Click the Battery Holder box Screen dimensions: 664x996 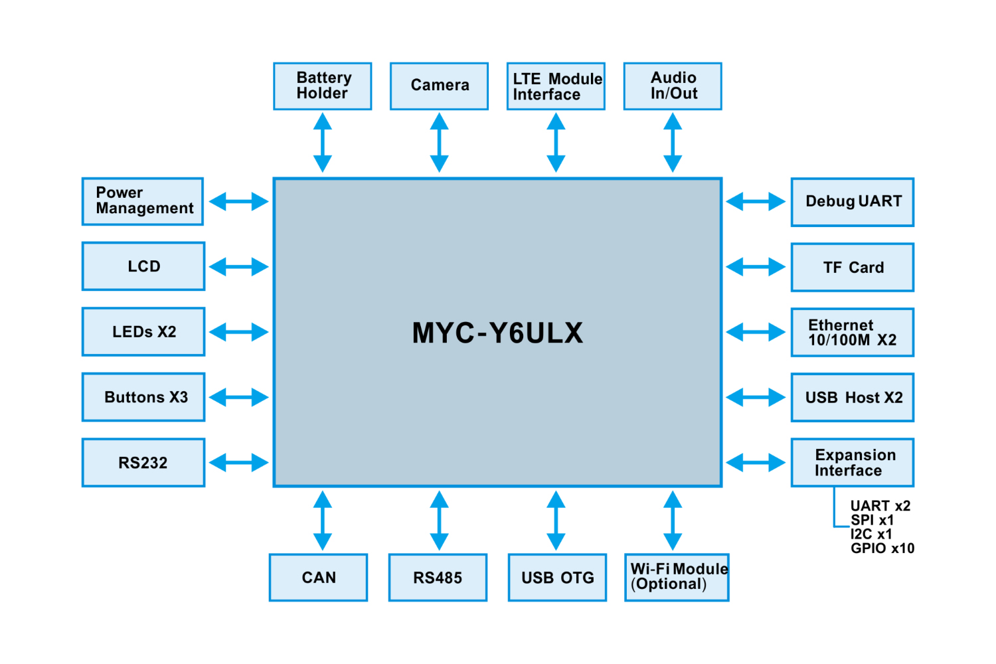click(x=322, y=86)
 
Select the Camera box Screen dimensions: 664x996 click(x=439, y=86)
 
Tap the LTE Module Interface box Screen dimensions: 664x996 click(x=556, y=86)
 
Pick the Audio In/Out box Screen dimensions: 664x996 click(x=673, y=86)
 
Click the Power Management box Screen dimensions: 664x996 click(x=143, y=201)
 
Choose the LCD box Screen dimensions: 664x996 click(x=143, y=266)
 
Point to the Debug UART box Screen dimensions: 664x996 click(x=853, y=202)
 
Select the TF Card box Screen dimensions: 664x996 click(x=853, y=267)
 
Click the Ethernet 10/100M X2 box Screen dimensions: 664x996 click(x=853, y=332)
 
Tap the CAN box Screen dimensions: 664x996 click(x=319, y=578)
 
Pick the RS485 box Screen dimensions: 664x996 click(x=438, y=578)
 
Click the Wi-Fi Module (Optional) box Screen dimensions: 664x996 click(x=677, y=578)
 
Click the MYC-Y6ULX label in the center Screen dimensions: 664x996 click(x=497, y=333)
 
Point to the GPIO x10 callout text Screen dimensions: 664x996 click(x=882, y=548)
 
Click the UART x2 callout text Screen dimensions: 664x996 click(x=880, y=506)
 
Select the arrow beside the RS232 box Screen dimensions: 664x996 click(x=239, y=463)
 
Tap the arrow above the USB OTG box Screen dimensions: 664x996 click(x=556, y=521)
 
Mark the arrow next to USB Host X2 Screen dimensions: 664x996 click(x=756, y=398)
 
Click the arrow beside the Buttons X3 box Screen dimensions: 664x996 click(x=239, y=398)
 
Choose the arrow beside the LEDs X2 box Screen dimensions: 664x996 click(x=239, y=332)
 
